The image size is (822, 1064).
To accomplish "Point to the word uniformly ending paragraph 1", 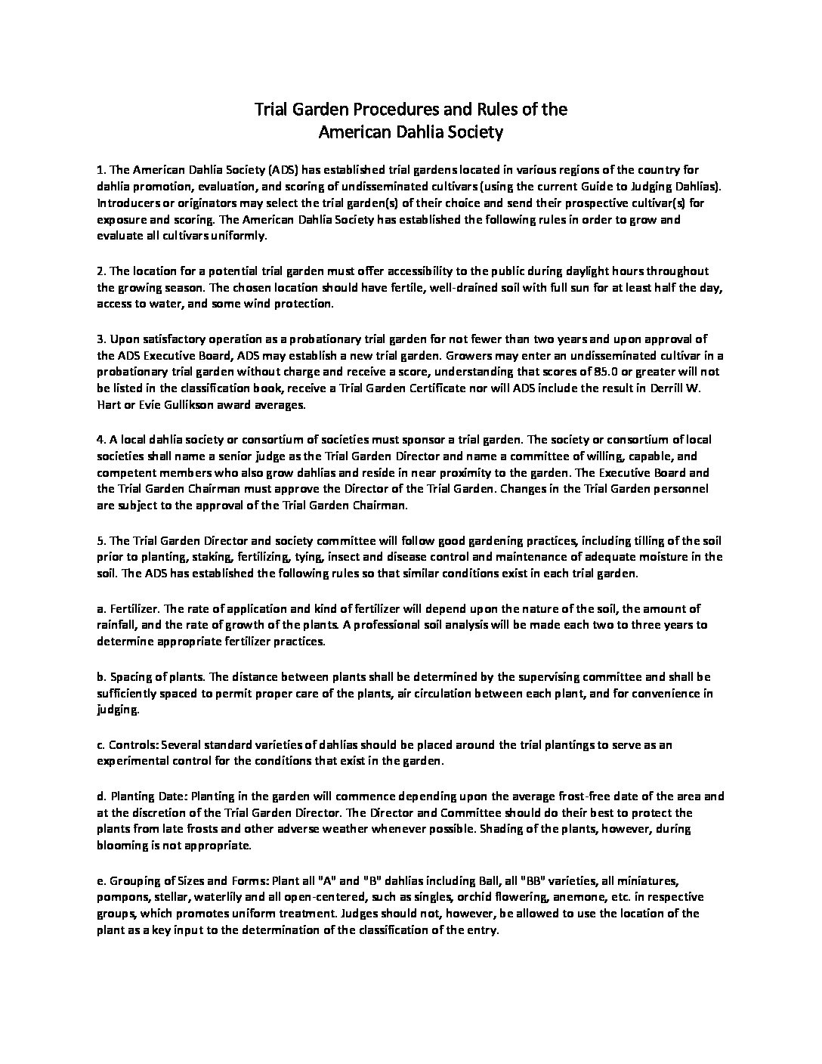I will (241, 237).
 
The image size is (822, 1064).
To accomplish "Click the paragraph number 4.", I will (100, 439).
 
